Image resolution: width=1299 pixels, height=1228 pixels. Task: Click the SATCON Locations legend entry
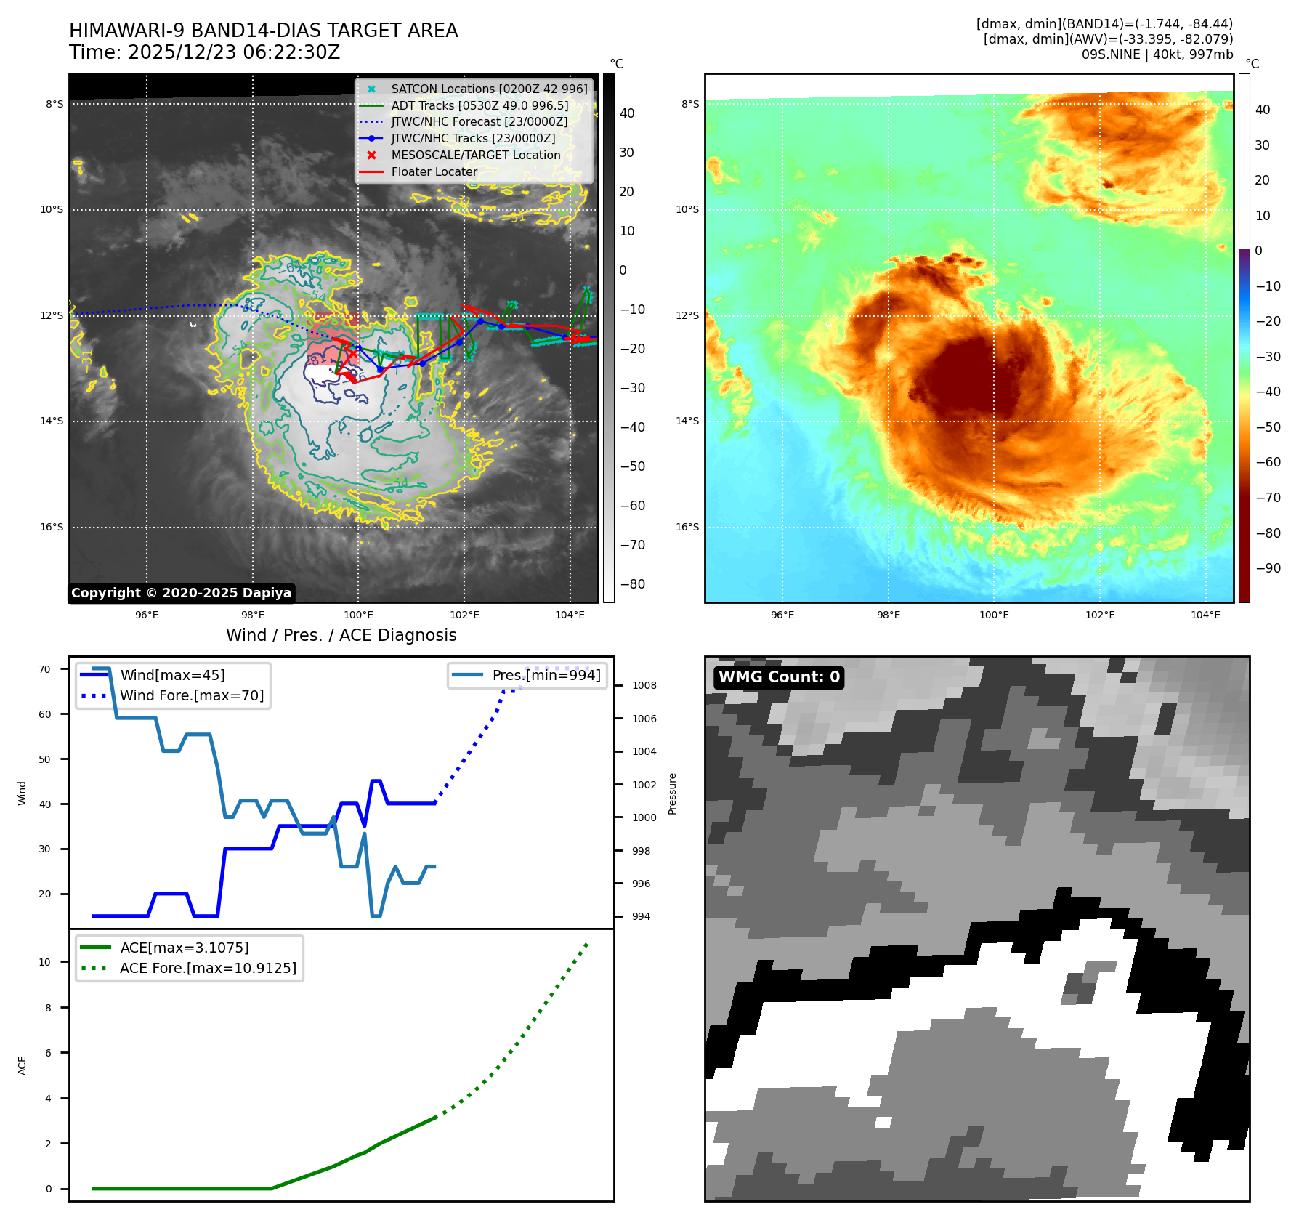point(489,89)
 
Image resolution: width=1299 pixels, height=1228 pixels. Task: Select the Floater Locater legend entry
point(434,172)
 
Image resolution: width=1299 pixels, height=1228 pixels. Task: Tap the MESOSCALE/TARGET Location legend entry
point(475,155)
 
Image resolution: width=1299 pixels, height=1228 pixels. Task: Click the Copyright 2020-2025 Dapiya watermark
point(181,593)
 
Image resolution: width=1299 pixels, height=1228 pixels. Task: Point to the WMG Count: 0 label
point(779,677)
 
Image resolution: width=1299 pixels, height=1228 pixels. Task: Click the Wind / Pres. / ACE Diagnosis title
point(341,635)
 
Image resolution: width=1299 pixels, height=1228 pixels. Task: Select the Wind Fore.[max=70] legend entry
point(192,695)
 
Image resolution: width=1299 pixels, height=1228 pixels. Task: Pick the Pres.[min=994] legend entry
point(546,675)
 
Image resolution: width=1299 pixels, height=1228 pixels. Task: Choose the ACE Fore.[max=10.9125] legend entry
point(208,968)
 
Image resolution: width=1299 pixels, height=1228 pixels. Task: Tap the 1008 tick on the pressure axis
point(644,685)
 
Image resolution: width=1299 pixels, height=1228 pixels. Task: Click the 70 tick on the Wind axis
point(44,669)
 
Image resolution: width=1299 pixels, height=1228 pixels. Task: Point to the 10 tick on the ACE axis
point(44,962)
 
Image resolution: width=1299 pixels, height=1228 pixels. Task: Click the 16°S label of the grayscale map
point(52,527)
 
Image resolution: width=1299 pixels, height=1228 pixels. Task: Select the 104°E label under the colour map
point(1205,615)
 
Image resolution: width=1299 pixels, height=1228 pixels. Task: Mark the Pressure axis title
point(672,793)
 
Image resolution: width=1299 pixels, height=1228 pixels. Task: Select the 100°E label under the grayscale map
point(358,615)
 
